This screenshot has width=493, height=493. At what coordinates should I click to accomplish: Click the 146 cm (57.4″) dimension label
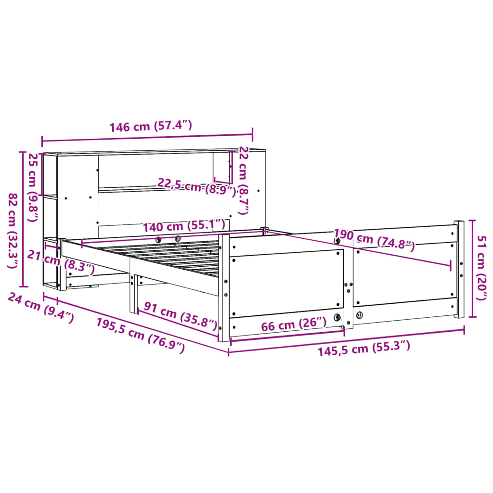pyautogui.click(x=151, y=127)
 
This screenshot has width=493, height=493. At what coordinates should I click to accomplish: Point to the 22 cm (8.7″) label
pyautogui.click(x=244, y=180)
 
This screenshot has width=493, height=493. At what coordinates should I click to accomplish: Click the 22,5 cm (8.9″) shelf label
pyautogui.click(x=196, y=186)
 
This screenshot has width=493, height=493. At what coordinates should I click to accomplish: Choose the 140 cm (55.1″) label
pyautogui.click(x=183, y=225)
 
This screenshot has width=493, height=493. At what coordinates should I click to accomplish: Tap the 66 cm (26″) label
pyautogui.click(x=294, y=324)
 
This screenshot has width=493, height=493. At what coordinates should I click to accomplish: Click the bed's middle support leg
pyautogui.click(x=133, y=294)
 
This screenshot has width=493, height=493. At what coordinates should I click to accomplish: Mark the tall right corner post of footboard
pyautogui.click(x=459, y=270)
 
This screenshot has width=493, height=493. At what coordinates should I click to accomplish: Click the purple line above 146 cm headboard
pyautogui.click(x=147, y=138)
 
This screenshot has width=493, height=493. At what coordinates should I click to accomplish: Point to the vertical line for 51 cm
pyautogui.click(x=472, y=269)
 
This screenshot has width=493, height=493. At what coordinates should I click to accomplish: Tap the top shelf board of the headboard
pyautogui.click(x=154, y=152)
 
